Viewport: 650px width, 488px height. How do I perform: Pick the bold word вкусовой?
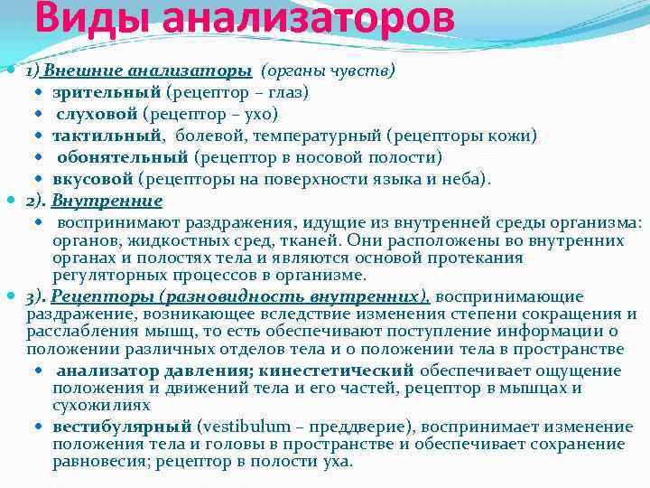(x=92, y=179)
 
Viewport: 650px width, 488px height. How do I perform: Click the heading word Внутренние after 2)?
(x=107, y=201)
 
